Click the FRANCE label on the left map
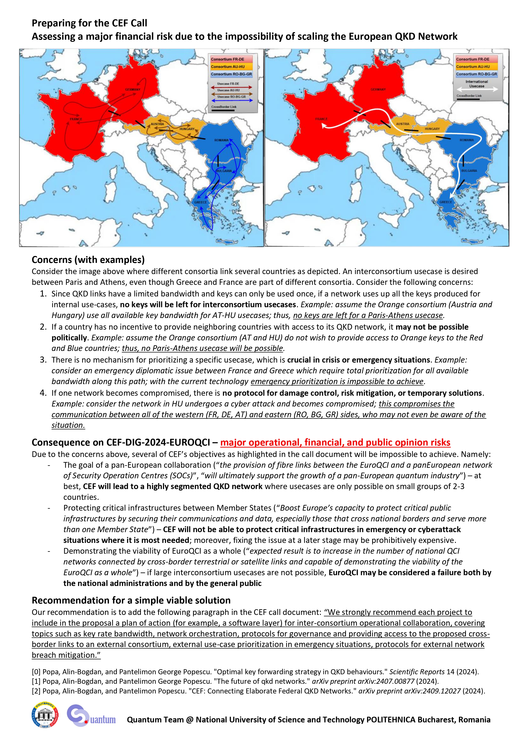click(76, 119)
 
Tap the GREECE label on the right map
click(446, 202)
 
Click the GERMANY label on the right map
click(378, 89)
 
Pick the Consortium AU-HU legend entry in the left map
click(228, 67)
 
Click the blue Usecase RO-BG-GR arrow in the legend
click(231, 100)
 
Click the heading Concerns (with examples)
click(88, 260)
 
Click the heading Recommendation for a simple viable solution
click(131, 600)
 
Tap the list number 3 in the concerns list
click(43, 360)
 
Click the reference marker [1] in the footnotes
click(36, 681)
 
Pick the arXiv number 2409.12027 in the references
click(441, 691)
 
